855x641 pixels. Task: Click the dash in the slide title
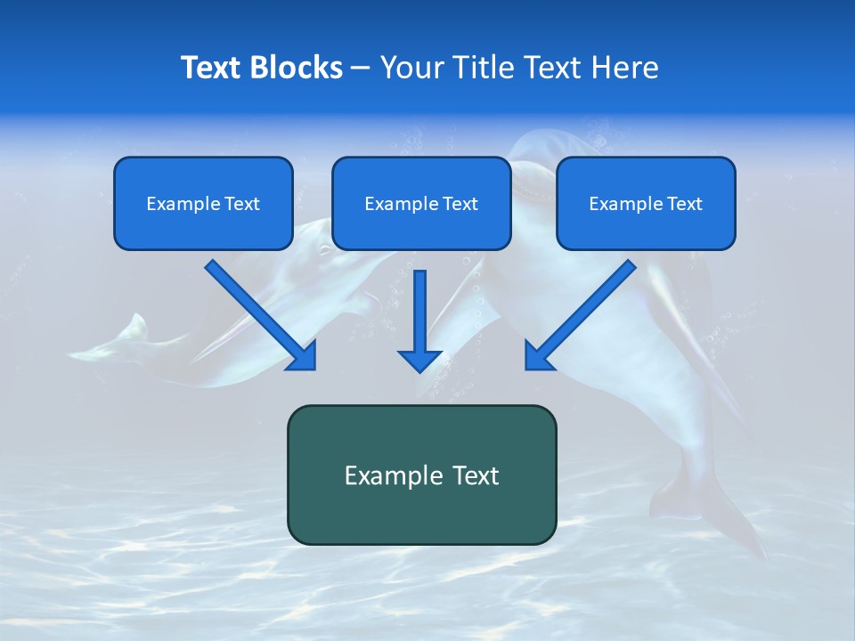[361, 69]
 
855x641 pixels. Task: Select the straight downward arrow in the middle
[420, 320]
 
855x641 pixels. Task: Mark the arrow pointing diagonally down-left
[580, 315]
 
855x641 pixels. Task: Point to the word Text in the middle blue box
[460, 204]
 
